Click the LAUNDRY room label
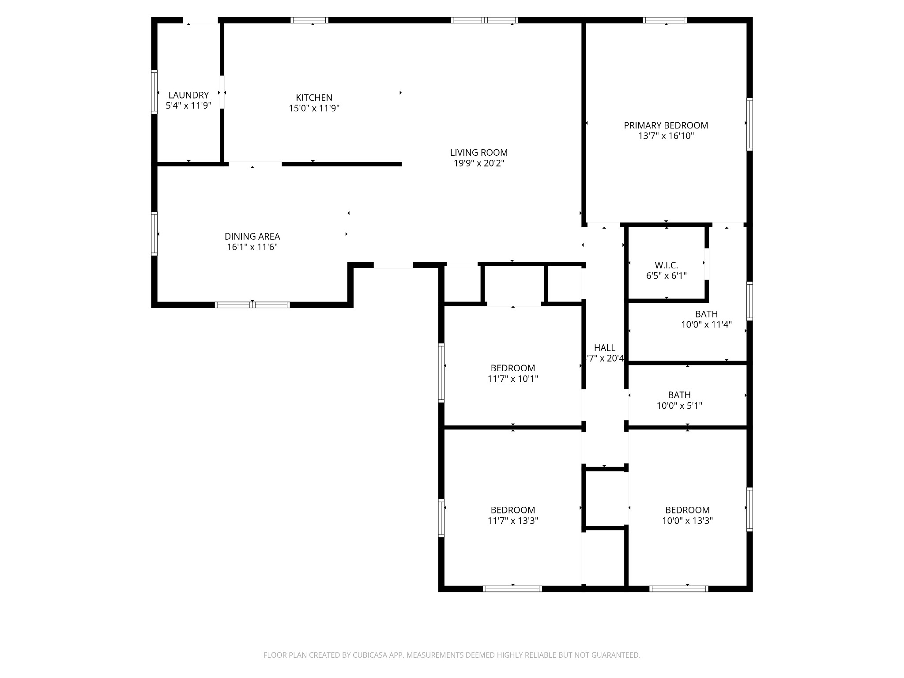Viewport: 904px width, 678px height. [x=188, y=95]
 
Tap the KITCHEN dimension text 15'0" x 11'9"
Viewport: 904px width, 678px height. [x=314, y=108]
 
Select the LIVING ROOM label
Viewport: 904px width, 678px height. [x=479, y=153]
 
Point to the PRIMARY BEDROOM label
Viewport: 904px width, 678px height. [x=666, y=125]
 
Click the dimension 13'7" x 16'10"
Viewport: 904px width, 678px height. [x=666, y=136]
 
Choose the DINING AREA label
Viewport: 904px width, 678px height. [x=252, y=237]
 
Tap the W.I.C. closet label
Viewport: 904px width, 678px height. [x=666, y=265]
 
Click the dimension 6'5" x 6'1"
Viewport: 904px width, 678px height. [x=666, y=276]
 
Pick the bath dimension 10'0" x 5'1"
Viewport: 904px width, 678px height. [x=679, y=406]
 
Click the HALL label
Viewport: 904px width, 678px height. [x=604, y=348]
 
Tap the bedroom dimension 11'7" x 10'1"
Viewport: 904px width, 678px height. [x=512, y=379]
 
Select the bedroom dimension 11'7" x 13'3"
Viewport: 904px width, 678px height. [x=512, y=521]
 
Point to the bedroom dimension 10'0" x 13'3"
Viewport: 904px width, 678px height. [x=687, y=521]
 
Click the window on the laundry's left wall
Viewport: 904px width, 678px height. [x=154, y=92]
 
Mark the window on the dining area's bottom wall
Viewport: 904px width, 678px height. [x=252, y=305]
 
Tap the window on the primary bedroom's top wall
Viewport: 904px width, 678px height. [x=665, y=20]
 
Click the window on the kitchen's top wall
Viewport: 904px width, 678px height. [x=309, y=20]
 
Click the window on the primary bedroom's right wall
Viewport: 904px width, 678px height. [x=750, y=124]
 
